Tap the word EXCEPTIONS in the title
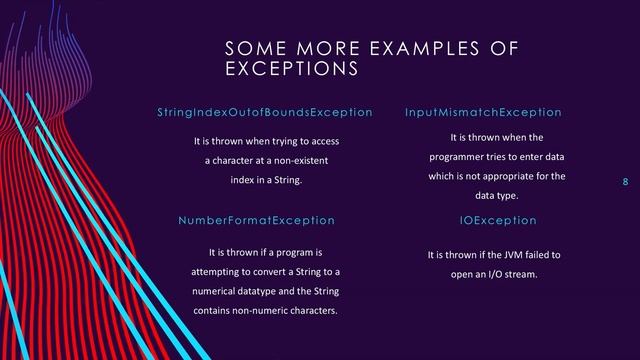[291, 70]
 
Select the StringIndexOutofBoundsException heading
[265, 113]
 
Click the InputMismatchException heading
[484, 113]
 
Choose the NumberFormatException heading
[256, 220]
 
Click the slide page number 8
[625, 182]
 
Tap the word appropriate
[516, 177]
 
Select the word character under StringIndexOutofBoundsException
[230, 161]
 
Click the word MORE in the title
[313, 49]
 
